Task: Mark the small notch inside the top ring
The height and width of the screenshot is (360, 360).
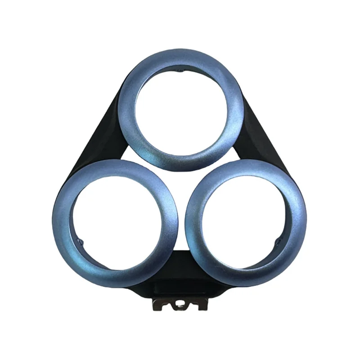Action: coord(180,71)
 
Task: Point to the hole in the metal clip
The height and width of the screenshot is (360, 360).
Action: coord(180,306)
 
